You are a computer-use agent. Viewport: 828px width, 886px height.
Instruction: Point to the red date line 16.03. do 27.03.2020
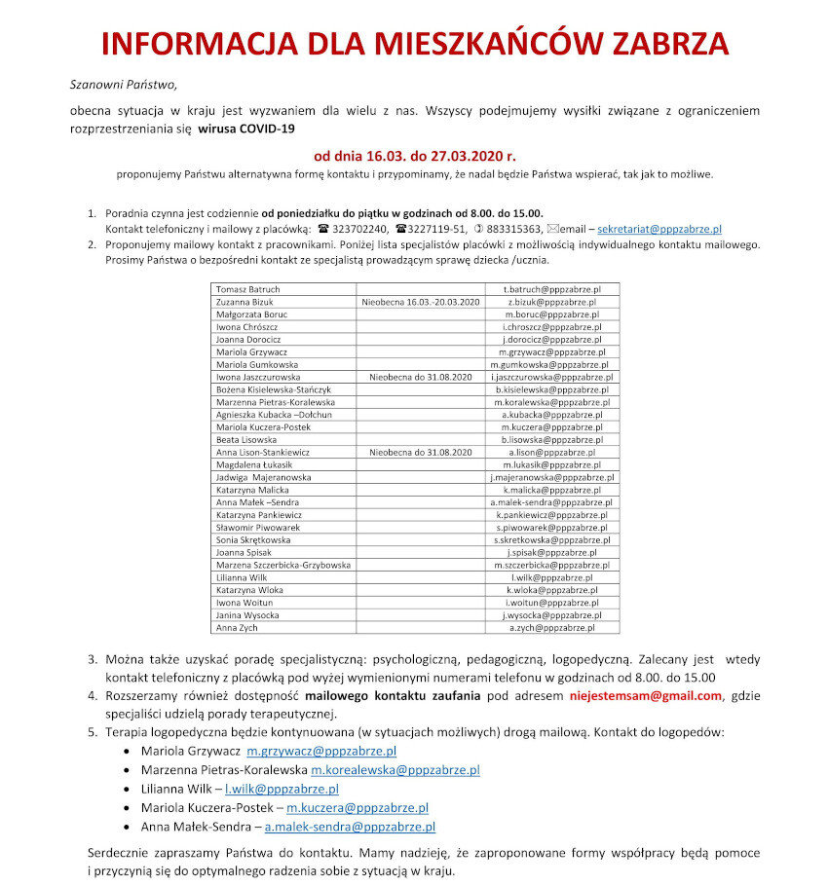(414, 155)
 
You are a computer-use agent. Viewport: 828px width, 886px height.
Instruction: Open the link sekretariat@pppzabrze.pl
(659, 229)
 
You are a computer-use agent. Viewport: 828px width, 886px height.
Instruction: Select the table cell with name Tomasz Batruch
(248, 290)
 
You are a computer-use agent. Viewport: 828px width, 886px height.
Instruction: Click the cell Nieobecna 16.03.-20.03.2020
(421, 303)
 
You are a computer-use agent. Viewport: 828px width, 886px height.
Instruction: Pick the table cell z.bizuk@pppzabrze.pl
(552, 303)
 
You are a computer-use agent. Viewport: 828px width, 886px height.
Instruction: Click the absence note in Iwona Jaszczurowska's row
(421, 377)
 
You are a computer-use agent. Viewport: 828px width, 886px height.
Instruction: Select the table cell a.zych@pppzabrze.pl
(552, 627)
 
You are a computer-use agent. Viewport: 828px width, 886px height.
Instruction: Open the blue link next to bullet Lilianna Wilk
(282, 789)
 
